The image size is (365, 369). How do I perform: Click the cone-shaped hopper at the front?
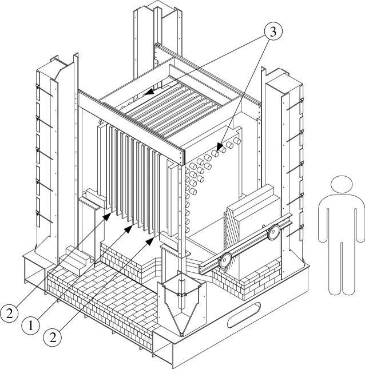click(x=181, y=306)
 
